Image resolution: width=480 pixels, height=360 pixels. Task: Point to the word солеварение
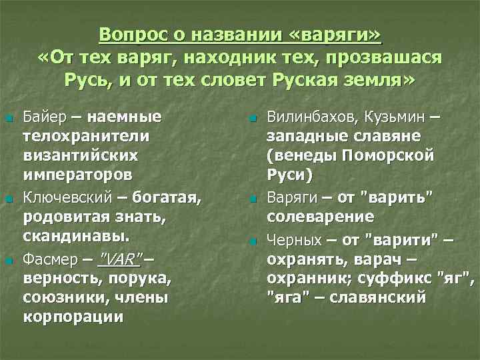click(320, 217)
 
